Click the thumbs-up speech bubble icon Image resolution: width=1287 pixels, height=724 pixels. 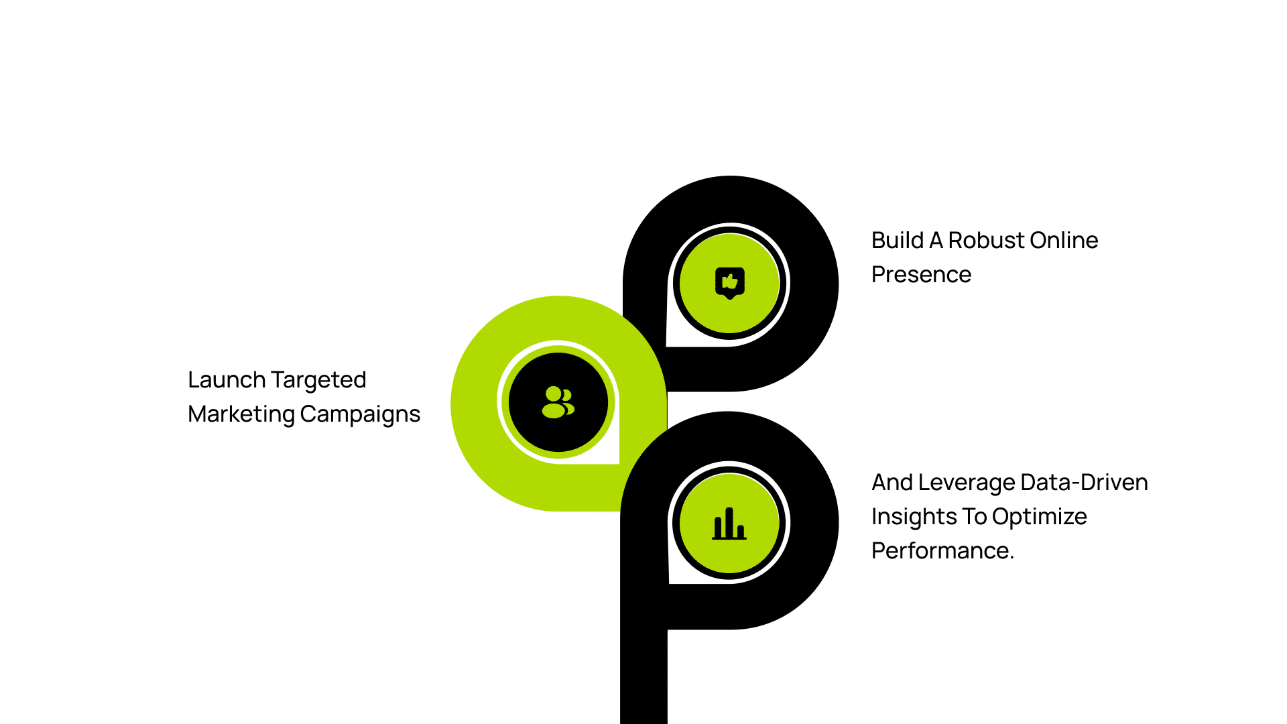(x=730, y=283)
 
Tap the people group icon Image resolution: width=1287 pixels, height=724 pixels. (x=558, y=402)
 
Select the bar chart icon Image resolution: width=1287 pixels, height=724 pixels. (x=729, y=524)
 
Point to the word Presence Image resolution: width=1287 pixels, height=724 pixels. (x=921, y=274)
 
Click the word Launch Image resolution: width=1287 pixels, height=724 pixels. (x=227, y=379)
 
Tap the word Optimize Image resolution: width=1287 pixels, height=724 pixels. (x=1039, y=517)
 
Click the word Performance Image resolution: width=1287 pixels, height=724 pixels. (x=942, y=551)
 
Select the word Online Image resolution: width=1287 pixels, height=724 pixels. (x=1064, y=240)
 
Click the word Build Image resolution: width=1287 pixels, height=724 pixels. (x=897, y=240)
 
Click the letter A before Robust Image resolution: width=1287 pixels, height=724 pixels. (x=935, y=240)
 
